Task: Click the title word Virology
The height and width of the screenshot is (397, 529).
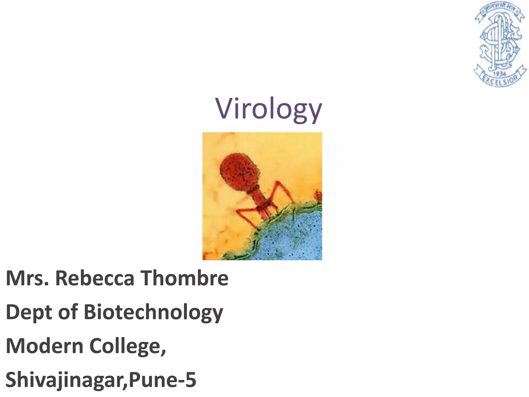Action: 269,109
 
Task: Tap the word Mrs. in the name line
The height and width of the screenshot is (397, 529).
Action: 27,278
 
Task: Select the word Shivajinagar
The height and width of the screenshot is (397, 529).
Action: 65,380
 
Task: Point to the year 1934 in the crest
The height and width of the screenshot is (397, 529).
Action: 500,74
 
